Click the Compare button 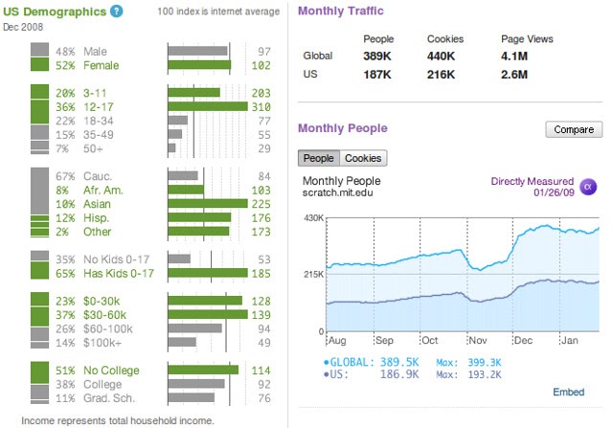(x=574, y=129)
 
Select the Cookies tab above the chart (x=363, y=158)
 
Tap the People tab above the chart (x=319, y=158)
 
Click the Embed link (x=568, y=392)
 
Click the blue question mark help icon (x=116, y=11)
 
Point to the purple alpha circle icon (x=588, y=187)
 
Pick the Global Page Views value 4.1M (x=514, y=56)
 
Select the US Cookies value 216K (x=441, y=75)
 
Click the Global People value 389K (x=376, y=56)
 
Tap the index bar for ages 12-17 (x=208, y=106)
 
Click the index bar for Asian (x=208, y=204)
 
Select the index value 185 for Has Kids (x=261, y=273)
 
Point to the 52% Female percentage (x=65, y=65)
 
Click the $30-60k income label (x=104, y=315)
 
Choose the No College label (x=111, y=371)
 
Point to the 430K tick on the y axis (x=313, y=217)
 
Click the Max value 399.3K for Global (x=485, y=362)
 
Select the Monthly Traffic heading (x=341, y=11)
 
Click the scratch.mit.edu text (x=337, y=192)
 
